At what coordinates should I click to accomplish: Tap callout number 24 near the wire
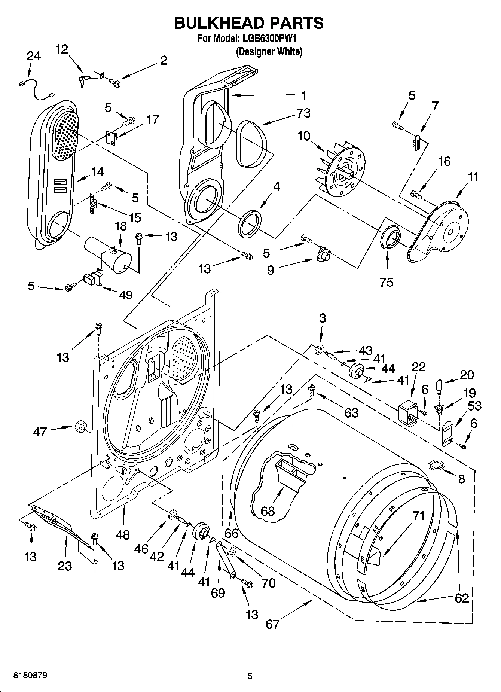pyautogui.click(x=34, y=56)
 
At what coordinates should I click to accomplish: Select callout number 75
pyautogui.click(x=387, y=282)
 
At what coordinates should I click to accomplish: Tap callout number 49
pyautogui.click(x=126, y=295)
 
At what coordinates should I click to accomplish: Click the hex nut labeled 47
pyautogui.click(x=79, y=427)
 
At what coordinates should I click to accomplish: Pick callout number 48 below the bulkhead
pyautogui.click(x=123, y=535)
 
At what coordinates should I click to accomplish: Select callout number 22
pyautogui.click(x=418, y=367)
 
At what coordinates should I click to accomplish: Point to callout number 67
pyautogui.click(x=272, y=624)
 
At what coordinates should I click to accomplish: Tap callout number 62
pyautogui.click(x=462, y=598)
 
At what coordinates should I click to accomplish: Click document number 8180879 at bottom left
pyautogui.click(x=30, y=676)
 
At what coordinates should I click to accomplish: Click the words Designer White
pyautogui.click(x=269, y=51)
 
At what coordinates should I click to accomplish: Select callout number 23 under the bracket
pyautogui.click(x=65, y=566)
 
